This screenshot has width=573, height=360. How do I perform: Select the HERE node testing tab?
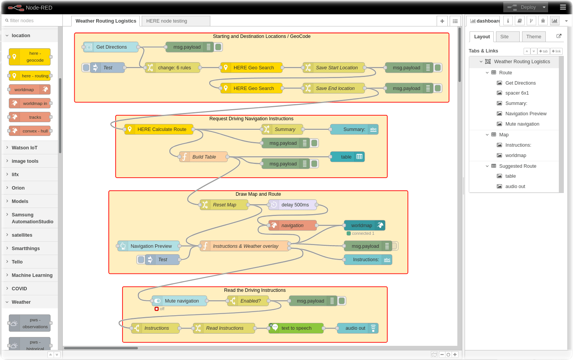tap(175, 21)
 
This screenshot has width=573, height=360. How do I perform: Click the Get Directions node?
tap(111, 47)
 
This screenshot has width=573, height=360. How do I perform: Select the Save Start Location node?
tap(336, 68)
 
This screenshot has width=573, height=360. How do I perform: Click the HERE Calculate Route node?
tap(161, 129)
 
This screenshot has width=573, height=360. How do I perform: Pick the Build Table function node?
tap(204, 157)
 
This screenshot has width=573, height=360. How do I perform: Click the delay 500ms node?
tap(295, 205)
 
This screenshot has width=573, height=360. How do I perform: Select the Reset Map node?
tap(224, 205)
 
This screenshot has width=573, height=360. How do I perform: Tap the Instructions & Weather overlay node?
tap(245, 246)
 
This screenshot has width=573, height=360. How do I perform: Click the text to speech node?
tap(296, 328)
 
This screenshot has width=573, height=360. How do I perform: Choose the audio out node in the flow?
tap(355, 328)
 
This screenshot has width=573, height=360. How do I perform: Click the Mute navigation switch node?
tap(182, 301)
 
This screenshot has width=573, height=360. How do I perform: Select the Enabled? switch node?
tap(250, 301)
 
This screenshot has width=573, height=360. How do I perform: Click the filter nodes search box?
tap(33, 21)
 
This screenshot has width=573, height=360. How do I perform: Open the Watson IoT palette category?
tap(25, 148)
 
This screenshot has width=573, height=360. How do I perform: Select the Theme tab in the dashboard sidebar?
tap(534, 37)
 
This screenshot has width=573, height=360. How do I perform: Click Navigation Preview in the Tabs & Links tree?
tap(526, 114)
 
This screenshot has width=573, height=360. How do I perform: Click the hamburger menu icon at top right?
tap(563, 7)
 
